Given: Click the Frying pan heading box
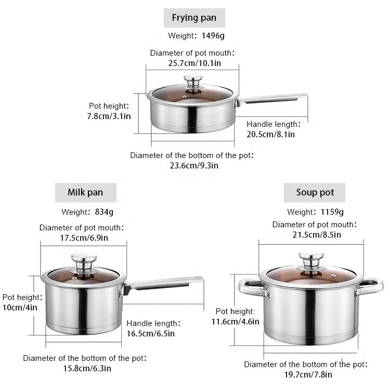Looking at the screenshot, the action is tap(194, 18).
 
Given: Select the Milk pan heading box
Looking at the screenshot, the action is tap(86, 192).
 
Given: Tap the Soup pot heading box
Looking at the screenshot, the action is tap(315, 192).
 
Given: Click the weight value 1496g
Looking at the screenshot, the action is tap(213, 36).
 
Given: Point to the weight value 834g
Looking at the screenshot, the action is tap(104, 212).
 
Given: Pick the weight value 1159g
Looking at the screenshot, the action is tap(332, 212).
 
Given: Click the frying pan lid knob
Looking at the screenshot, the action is tap(193, 81).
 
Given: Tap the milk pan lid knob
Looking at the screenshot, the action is tap(84, 261).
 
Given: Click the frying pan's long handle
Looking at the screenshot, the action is tap(272, 99).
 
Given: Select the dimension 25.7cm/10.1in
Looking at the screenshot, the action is tap(194, 63).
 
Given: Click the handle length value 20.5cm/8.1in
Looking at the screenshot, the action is tap(270, 135).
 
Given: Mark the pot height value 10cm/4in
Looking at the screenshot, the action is tap(20, 308).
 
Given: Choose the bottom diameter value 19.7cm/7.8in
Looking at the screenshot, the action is tap(308, 374).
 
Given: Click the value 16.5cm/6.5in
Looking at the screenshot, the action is tap(151, 334).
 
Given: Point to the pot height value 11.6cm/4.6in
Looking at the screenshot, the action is tap(235, 322).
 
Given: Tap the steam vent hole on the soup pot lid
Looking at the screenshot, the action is tap(333, 276).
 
